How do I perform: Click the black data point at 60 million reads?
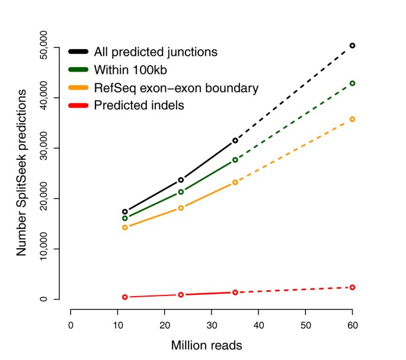353,46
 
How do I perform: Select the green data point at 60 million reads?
353,83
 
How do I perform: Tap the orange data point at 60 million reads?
353,119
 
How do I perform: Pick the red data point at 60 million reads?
353,287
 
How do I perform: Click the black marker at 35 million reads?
235,140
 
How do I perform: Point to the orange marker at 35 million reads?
235,182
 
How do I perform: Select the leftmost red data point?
125,297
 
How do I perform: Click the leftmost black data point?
125,211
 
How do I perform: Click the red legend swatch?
79,106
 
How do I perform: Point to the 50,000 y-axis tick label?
56,47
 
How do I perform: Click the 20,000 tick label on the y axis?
56,199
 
